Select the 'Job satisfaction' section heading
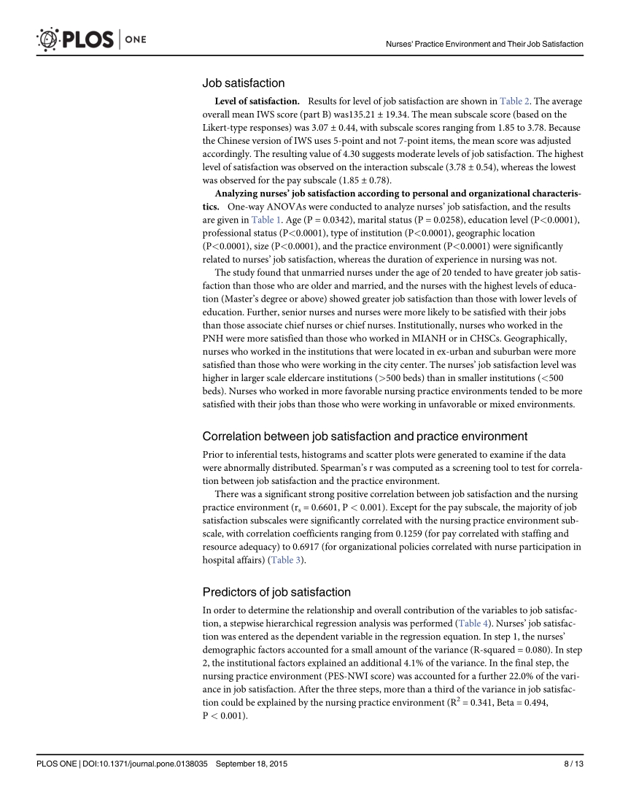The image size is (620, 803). click(243, 83)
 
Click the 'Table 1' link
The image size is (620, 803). click(266, 220)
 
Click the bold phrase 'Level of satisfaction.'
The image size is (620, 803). click(257, 101)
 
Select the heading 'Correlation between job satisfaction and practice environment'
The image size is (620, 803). click(365, 437)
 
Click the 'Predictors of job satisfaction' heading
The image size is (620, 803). click(276, 592)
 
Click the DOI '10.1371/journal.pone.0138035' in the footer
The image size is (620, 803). click(149, 764)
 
